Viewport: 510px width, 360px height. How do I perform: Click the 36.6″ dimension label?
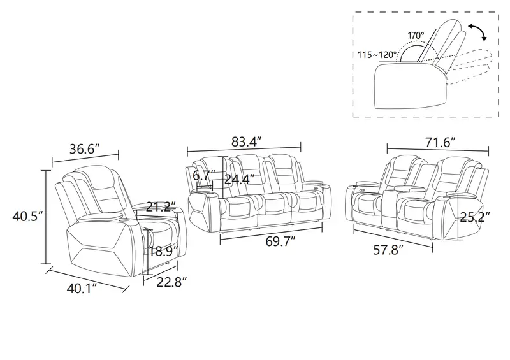pos(84,149)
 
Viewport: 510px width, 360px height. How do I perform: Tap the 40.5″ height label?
pos(27,216)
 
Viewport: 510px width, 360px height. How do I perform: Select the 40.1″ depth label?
pos(82,288)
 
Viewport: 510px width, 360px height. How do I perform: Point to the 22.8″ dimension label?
pos(172,282)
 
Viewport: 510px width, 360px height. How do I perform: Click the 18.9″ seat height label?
pos(164,251)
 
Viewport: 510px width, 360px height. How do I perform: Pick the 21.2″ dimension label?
pos(161,206)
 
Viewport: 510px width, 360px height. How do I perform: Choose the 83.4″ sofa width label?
pos(247,141)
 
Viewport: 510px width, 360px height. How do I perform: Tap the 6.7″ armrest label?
pos(204,176)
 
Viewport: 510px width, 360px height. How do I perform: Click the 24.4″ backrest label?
pos(240,179)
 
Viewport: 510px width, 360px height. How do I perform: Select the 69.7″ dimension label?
pos(280,241)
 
